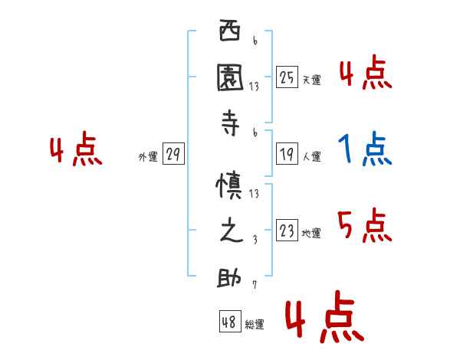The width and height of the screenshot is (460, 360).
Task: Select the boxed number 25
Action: pyautogui.click(x=287, y=77)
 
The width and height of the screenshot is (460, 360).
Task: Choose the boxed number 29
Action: pyautogui.click(x=173, y=155)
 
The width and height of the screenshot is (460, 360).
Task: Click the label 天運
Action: pyautogui.click(x=311, y=80)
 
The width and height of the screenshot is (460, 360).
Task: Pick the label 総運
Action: pyautogui.click(x=255, y=325)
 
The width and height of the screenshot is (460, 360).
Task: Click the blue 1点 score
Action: pyautogui.click(x=365, y=150)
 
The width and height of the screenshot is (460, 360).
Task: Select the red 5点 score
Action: pyautogui.click(x=365, y=226)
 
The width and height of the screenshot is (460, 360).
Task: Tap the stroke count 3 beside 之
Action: pyautogui.click(x=255, y=239)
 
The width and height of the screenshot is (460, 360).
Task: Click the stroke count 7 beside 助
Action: pyautogui.click(x=255, y=285)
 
